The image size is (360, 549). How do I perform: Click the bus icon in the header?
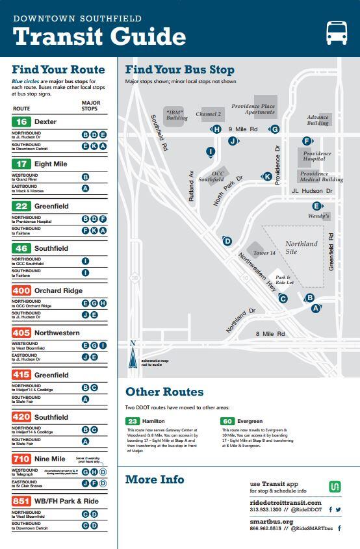pos(336,32)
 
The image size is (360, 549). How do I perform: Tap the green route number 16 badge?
pos(21,121)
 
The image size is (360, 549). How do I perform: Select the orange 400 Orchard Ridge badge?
pos(21,290)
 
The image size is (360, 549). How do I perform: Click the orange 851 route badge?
pos(21,502)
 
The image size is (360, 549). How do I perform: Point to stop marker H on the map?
pos(216,129)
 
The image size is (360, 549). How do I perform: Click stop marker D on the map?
pos(227,241)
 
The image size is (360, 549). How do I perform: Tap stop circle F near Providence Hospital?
pos(306,141)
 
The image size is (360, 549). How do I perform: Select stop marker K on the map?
pos(267,176)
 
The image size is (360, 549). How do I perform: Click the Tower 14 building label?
pos(264,252)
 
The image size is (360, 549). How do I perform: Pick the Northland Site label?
pos(301,248)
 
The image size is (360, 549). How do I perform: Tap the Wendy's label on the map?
pos(318,216)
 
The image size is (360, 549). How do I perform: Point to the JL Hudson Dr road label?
pos(312,191)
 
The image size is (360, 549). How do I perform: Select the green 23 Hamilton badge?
pos(132,421)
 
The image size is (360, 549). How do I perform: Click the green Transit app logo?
pos(335,487)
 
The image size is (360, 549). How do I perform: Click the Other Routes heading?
pos(164,392)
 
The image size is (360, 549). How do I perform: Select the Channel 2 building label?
pos(209,114)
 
